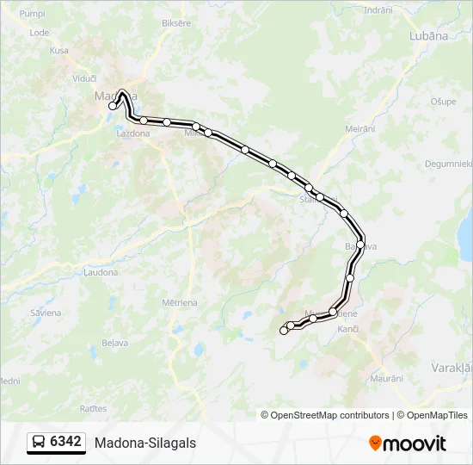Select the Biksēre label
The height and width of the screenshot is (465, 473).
[x=175, y=23]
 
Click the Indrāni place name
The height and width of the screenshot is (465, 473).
[x=378, y=9]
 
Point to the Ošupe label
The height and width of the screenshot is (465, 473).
[x=443, y=102]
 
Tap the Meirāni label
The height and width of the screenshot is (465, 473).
[x=360, y=128]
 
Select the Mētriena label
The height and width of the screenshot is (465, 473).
[x=180, y=302]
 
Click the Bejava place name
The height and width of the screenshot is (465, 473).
[x=115, y=343]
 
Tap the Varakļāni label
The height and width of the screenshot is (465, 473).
[x=451, y=367]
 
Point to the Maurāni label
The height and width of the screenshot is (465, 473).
[x=386, y=379]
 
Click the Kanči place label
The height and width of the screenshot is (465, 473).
[x=347, y=330]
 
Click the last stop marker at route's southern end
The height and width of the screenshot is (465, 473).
[x=284, y=331]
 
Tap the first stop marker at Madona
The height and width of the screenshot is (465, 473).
[x=113, y=107]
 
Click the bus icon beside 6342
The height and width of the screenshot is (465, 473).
[x=39, y=443]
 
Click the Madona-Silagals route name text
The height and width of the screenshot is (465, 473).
[x=145, y=443]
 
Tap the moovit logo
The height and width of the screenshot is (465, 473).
[x=408, y=443]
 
